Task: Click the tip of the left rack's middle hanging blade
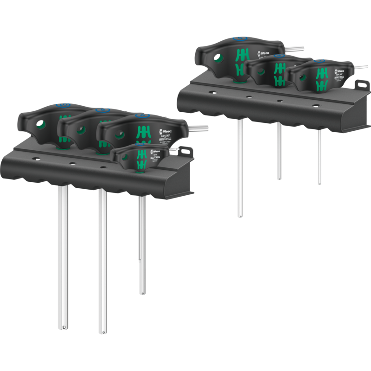[x=102, y=331]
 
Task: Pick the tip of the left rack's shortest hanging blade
[x=142, y=293]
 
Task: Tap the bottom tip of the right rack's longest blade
[x=239, y=215]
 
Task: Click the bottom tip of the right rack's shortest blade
[x=320, y=184]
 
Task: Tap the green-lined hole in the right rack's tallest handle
[x=218, y=58]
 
